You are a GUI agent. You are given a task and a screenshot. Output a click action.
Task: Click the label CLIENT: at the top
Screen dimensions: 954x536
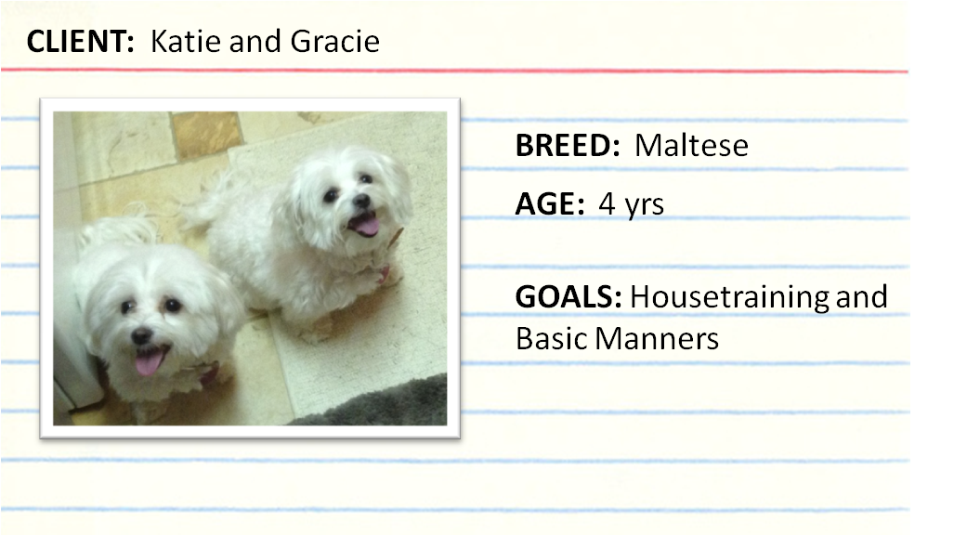pyautogui.click(x=80, y=42)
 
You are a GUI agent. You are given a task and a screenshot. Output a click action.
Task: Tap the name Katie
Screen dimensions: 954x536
pyautogui.click(x=186, y=42)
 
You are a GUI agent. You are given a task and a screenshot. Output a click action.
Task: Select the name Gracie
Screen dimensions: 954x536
pyautogui.click(x=335, y=42)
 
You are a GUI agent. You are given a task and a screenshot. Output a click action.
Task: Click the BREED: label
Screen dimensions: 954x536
pyautogui.click(x=568, y=146)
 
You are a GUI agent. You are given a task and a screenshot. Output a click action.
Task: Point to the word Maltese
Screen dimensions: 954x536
pyautogui.click(x=692, y=146)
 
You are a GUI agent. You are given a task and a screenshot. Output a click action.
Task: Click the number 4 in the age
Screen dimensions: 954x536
pyautogui.click(x=607, y=204)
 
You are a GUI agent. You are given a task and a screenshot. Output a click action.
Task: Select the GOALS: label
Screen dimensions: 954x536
pyautogui.click(x=568, y=297)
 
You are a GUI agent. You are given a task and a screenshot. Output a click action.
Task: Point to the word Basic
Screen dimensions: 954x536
pyautogui.click(x=551, y=339)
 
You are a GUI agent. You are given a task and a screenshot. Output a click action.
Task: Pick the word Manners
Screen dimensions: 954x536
pyautogui.click(x=657, y=339)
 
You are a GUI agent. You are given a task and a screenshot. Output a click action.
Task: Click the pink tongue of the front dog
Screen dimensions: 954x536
pyautogui.click(x=148, y=362)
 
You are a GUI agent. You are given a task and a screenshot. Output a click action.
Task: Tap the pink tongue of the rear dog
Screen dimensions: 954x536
pyautogui.click(x=367, y=225)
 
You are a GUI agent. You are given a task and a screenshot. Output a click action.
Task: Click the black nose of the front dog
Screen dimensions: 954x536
pyautogui.click(x=142, y=335)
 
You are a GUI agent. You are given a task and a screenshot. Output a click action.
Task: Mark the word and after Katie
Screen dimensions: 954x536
pyautogui.click(x=255, y=42)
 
